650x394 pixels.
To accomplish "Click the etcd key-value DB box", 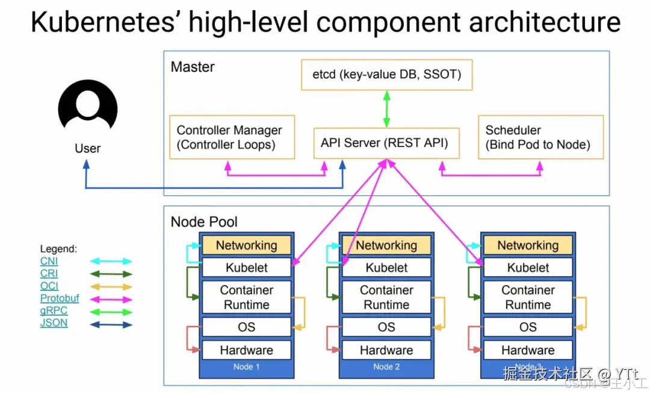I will (386, 75).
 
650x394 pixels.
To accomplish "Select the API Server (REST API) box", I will (386, 143).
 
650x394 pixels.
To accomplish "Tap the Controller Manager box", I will (232, 137).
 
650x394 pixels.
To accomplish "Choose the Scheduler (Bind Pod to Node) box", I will (540, 137).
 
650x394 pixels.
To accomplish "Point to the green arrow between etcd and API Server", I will (386, 109).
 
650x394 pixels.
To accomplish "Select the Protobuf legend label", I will (59, 298).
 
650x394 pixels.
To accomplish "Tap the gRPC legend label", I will (54, 311).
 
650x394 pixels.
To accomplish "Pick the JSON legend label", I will (54, 323).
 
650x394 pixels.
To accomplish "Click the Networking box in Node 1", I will (246, 245).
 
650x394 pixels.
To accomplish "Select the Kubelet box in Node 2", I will (386, 267).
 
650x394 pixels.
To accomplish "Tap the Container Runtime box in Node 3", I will (528, 298).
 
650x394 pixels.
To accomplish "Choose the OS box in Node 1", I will (246, 327).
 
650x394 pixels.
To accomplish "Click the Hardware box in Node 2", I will (386, 350).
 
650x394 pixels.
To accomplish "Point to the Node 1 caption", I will (246, 367).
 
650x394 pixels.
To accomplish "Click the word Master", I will (193, 66).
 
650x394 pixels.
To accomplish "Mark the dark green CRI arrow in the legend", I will (111, 274).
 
